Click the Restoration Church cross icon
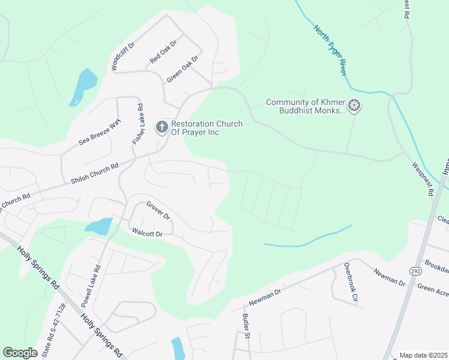161,127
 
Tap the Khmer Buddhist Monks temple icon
355,106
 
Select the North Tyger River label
330,50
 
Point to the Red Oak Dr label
163,52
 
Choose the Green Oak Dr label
182,69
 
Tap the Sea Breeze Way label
100,132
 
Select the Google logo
20,353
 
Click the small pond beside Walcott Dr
98,226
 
